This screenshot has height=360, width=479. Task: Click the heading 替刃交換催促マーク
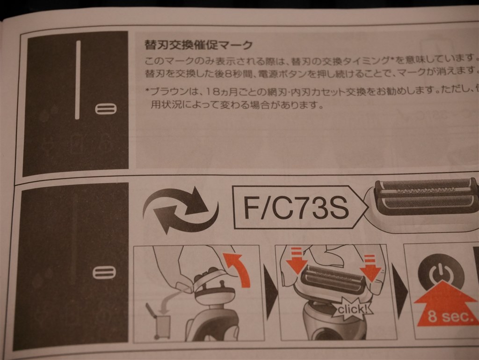tap(199, 45)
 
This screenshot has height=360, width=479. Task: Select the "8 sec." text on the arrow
tap(450, 317)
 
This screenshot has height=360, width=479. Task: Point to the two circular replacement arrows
tap(180, 210)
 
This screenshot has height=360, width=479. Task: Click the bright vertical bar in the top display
tap(78, 80)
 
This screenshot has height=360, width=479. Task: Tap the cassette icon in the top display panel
tap(106, 109)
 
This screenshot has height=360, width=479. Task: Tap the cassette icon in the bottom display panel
tap(104, 272)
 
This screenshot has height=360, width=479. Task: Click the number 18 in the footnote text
tap(212, 91)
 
